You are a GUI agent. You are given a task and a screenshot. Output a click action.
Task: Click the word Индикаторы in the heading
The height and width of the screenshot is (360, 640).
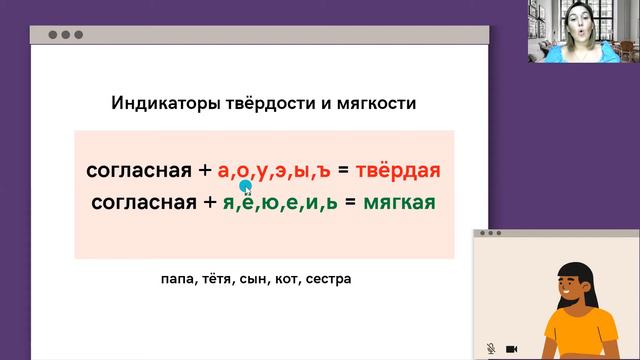156,104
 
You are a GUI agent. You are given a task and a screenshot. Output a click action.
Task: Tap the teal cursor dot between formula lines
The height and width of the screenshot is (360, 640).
245,185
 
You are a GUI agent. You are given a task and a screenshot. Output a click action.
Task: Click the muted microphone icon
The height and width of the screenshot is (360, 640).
491,348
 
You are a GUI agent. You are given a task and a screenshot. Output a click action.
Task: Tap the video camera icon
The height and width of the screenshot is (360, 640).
511,348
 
